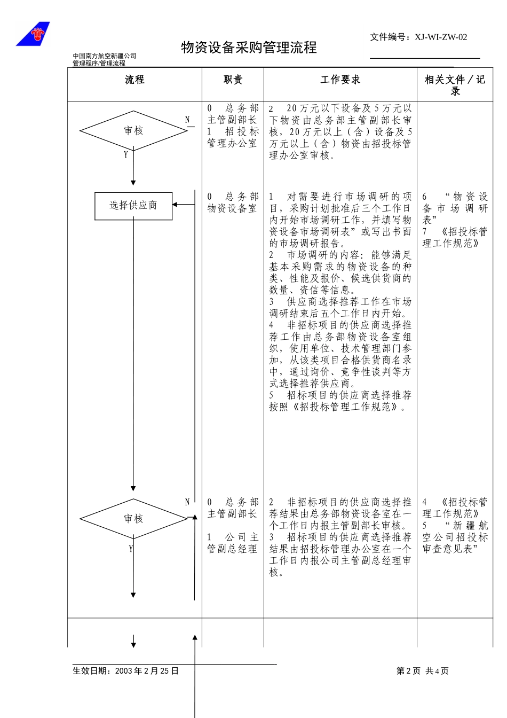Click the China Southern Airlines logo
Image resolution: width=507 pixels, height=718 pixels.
[x=33, y=34]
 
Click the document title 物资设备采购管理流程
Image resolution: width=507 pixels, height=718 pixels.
[x=249, y=48]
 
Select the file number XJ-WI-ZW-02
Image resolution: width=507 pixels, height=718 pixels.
[x=440, y=37]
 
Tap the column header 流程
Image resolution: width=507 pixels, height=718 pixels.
[x=134, y=80]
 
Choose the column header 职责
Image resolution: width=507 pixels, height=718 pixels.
[x=233, y=80]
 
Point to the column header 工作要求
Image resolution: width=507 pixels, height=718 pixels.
[x=340, y=80]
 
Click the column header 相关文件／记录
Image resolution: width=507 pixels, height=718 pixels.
[x=455, y=85]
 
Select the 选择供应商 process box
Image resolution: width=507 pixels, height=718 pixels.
[x=133, y=206]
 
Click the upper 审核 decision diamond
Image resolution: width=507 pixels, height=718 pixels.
[x=133, y=131]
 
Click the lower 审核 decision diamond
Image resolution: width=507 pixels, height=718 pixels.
[x=133, y=519]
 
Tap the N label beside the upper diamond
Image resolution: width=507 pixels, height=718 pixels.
[x=187, y=120]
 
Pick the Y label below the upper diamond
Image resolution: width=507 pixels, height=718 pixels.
[x=126, y=155]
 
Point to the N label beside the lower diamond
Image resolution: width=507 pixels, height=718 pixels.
[x=187, y=502]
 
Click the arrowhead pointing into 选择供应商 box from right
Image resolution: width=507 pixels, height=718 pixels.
[x=176, y=205]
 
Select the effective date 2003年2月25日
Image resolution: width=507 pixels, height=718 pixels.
[x=147, y=671]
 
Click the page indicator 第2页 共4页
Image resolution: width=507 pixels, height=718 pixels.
[x=422, y=671]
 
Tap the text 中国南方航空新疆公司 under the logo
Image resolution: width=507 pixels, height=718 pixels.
[x=105, y=56]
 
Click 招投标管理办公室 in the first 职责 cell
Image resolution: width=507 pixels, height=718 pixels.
[x=233, y=137]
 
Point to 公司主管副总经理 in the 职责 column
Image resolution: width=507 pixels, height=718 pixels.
[x=233, y=543]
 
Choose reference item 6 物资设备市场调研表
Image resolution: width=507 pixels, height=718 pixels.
[x=455, y=208]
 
